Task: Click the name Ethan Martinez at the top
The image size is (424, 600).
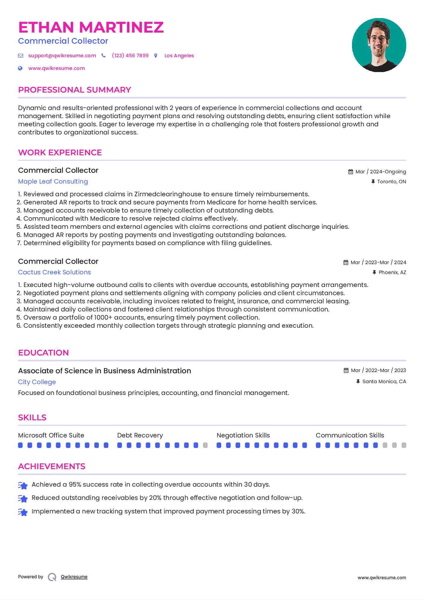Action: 91,27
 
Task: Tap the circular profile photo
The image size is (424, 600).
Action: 379,45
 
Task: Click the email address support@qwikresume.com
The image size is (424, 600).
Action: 62,55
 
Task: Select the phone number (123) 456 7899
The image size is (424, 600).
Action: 130,55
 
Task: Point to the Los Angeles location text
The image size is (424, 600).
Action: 179,55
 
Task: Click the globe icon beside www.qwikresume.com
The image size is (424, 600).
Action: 20,68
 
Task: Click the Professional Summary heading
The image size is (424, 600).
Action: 74,90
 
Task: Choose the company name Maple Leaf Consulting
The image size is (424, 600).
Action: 53,182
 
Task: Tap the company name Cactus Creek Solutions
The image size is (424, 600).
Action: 54,272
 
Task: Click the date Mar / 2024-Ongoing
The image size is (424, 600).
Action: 380,172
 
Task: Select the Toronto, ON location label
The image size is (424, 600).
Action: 391,182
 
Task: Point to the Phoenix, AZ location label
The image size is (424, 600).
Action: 392,272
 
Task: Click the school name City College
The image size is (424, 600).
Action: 37,382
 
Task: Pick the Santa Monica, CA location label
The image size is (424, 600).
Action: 384,381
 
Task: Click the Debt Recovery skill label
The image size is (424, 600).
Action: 140,435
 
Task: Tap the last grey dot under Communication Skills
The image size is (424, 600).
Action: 404,445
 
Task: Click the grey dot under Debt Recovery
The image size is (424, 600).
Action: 205,445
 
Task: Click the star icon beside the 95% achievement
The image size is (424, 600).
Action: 23,485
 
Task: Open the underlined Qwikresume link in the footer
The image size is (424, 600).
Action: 74,577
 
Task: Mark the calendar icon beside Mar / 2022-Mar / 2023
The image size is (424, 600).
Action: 346,370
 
